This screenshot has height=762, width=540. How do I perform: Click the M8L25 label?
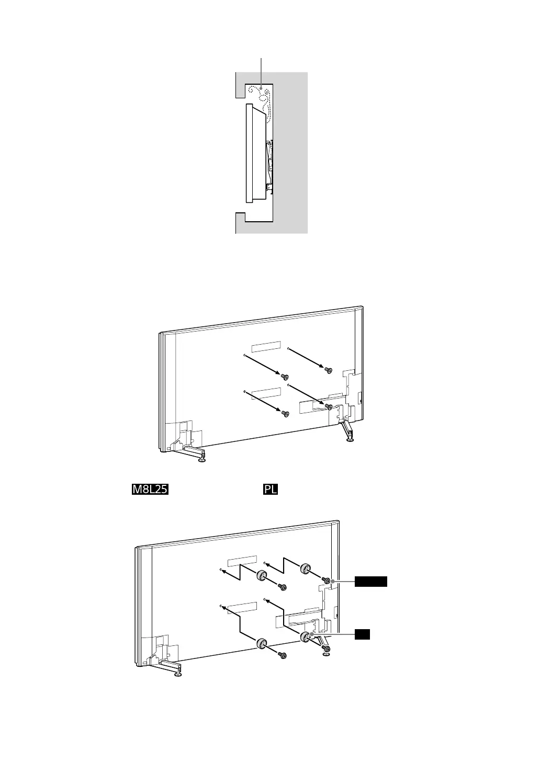(150, 490)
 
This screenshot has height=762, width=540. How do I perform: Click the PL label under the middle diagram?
(270, 490)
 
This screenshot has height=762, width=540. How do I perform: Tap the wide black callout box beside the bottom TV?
(371, 582)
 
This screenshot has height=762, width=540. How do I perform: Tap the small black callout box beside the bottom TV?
(363, 634)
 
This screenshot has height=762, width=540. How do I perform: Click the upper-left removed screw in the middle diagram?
(285, 377)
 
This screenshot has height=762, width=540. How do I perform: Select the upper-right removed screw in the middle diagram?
(329, 370)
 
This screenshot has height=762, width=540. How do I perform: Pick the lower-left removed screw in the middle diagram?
(285, 414)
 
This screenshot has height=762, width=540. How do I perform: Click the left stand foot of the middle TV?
(202, 460)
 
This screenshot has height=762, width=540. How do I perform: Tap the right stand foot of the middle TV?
(350, 440)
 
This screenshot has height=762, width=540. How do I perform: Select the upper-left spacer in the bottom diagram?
(262, 576)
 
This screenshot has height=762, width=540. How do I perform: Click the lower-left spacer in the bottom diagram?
(262, 644)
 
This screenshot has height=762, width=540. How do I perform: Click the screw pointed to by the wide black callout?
(327, 581)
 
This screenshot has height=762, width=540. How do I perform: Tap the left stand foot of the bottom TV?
(178, 673)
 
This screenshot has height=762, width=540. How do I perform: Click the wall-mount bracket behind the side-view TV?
(269, 163)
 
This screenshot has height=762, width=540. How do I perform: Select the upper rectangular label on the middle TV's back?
(266, 347)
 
